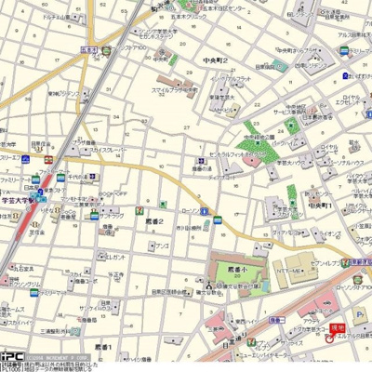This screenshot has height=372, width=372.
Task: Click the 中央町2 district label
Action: click(x=217, y=60)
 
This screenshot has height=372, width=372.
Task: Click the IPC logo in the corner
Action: click(x=12, y=356)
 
